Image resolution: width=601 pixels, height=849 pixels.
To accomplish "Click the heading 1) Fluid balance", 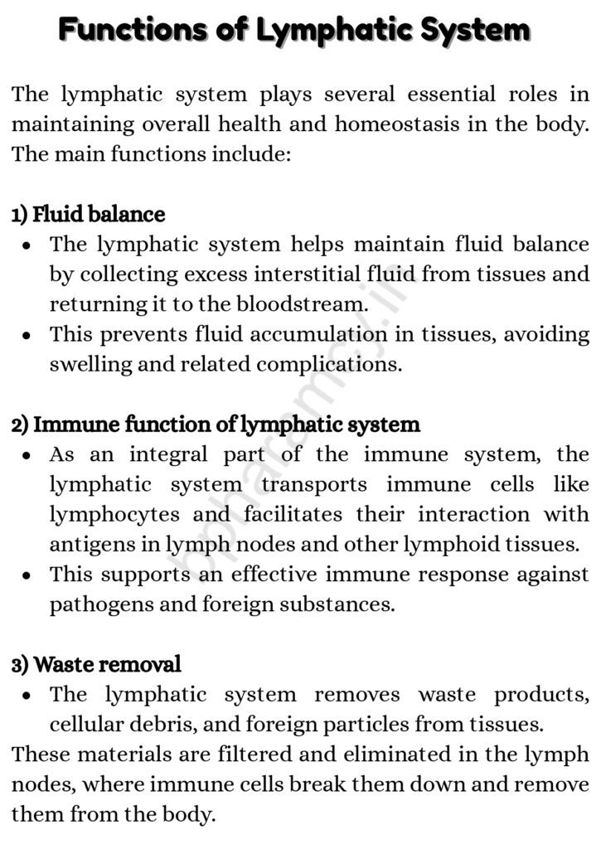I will [88, 215].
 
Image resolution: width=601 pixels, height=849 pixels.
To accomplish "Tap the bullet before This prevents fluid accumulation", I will [27, 336].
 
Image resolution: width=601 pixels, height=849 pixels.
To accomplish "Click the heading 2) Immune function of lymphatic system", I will [216, 425].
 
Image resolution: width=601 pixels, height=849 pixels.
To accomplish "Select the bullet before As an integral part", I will [27, 456].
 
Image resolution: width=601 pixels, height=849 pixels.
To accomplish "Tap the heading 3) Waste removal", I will [96, 664].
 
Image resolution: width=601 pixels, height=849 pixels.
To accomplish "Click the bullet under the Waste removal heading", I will [27, 696].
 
